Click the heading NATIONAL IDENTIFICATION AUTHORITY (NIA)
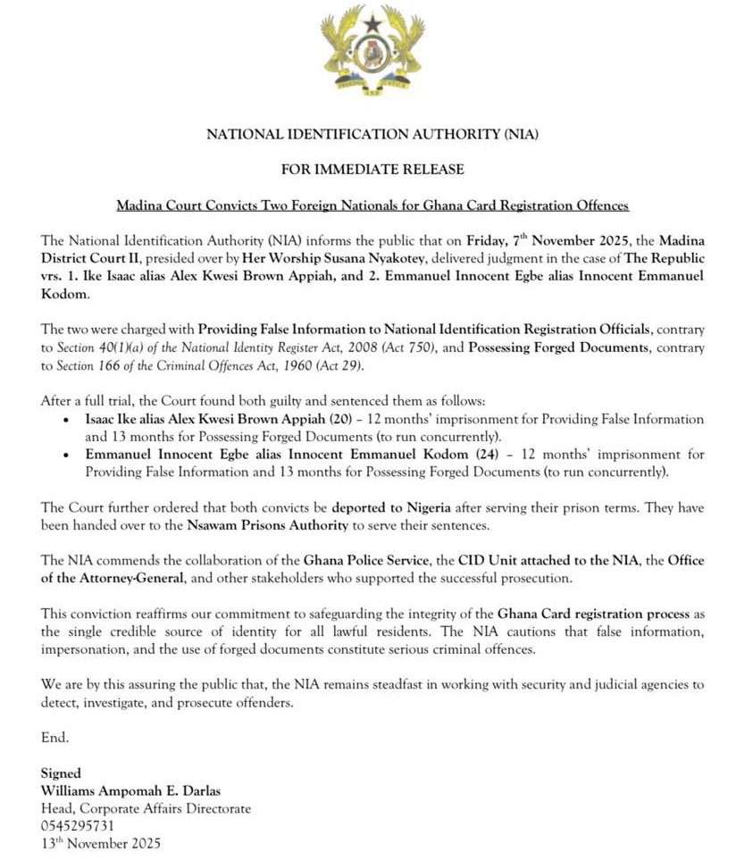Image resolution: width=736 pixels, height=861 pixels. [x=373, y=135]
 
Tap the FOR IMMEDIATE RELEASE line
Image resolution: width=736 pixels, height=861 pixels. [x=372, y=169]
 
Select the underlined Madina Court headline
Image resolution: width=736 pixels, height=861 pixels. [x=373, y=205]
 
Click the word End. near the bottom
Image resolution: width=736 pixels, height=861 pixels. [x=54, y=737]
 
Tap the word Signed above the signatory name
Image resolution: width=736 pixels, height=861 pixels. [x=61, y=773]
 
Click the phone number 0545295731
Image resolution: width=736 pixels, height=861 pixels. [x=78, y=825]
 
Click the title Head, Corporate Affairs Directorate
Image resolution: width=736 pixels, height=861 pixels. [x=146, y=808]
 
